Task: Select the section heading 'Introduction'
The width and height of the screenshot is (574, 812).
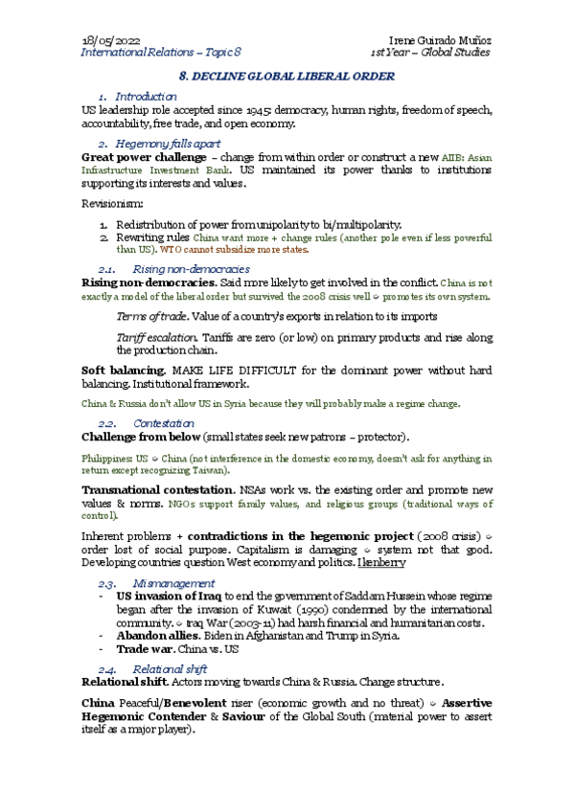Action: click(x=146, y=97)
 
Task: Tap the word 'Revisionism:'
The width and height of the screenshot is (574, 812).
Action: click(x=112, y=204)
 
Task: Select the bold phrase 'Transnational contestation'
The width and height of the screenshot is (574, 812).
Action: click(x=159, y=489)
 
